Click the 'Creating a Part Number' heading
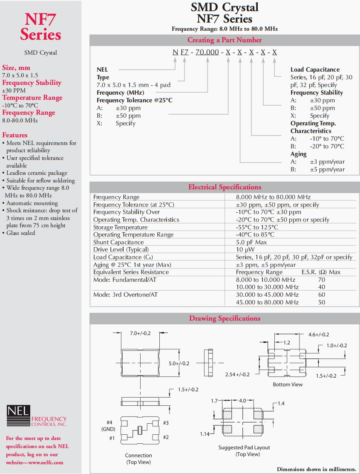225,40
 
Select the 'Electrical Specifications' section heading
225,187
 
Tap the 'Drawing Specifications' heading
225,318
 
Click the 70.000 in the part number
207,52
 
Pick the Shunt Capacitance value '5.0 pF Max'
251,242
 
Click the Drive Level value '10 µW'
245,249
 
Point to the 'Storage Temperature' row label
120,227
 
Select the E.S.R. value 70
322,280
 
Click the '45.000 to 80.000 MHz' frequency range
267,302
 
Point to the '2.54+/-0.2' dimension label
238,374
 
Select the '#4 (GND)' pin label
107,425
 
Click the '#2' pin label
166,437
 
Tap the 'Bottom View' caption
288,384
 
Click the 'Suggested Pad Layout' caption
244,448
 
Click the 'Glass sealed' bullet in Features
21,233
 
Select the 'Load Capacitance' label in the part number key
315,69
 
